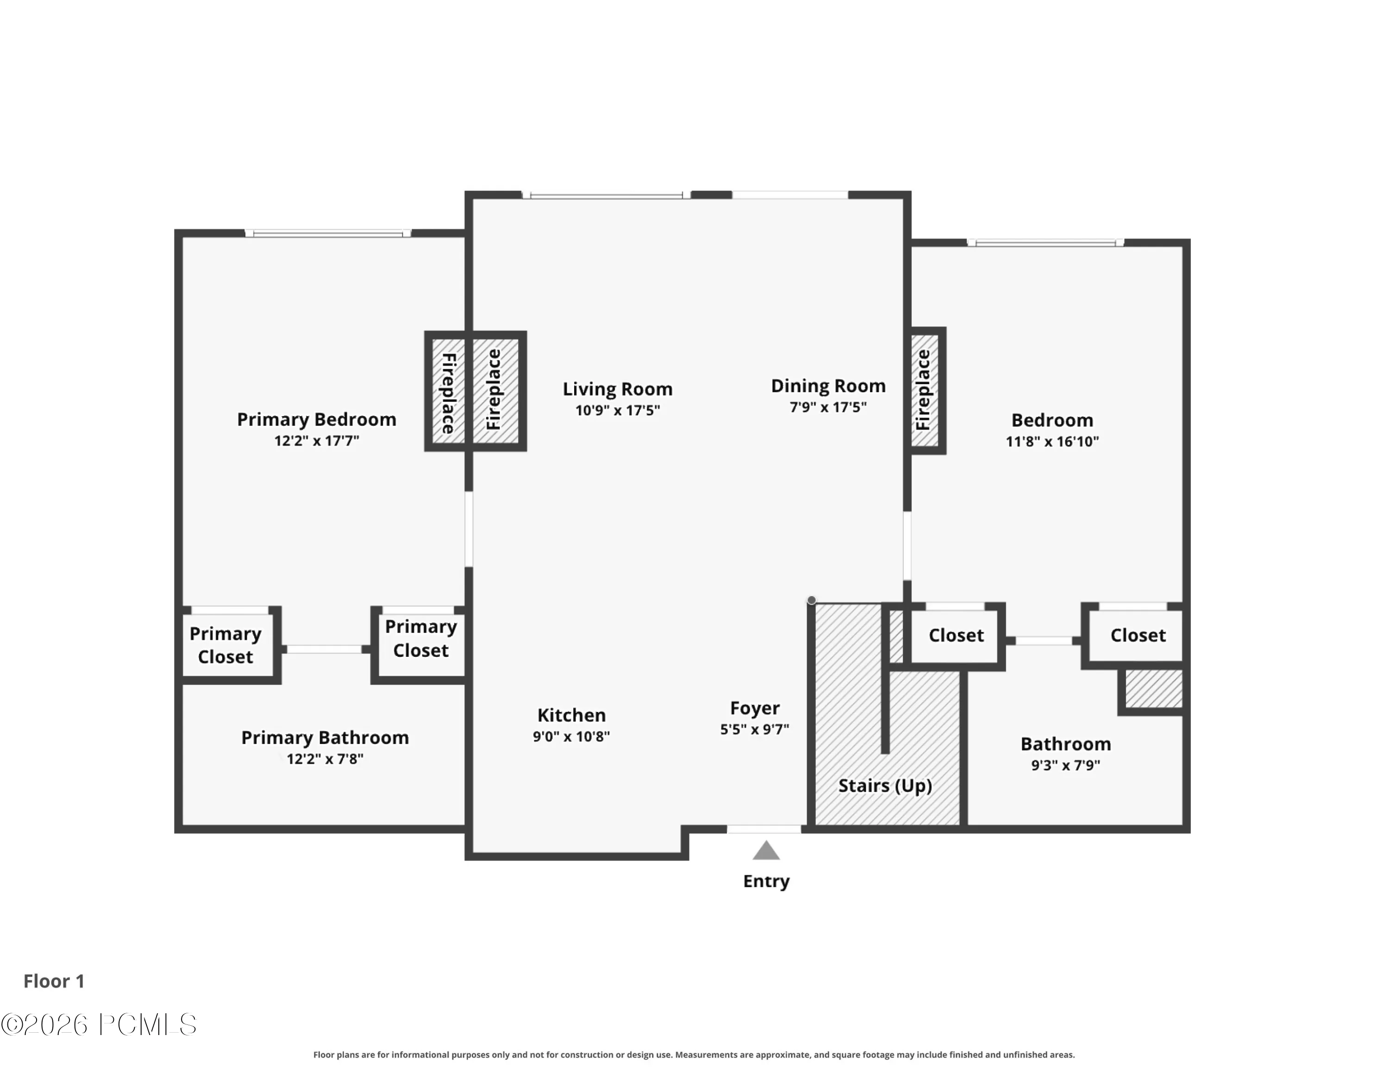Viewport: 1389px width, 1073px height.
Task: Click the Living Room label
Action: (x=618, y=389)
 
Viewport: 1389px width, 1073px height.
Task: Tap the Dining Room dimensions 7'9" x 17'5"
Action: (x=828, y=407)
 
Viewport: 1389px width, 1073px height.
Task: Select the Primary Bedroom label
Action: (x=317, y=419)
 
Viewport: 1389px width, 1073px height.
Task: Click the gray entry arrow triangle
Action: (x=766, y=851)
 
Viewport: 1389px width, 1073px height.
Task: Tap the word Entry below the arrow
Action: (x=766, y=882)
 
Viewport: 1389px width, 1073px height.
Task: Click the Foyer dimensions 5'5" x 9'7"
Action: (x=754, y=730)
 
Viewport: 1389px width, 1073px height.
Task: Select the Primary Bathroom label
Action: (x=325, y=738)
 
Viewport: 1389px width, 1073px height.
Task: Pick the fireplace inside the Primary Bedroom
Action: (x=448, y=391)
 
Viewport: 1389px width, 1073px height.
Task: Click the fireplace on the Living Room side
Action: (x=496, y=391)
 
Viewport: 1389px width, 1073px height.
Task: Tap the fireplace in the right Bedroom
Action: (x=926, y=391)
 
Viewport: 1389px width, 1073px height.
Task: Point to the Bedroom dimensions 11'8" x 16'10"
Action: (x=1052, y=442)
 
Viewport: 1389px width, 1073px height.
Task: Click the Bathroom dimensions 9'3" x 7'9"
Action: (x=1066, y=765)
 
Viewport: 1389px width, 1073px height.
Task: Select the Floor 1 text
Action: (x=54, y=981)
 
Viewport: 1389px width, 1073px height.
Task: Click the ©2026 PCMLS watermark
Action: (x=99, y=1025)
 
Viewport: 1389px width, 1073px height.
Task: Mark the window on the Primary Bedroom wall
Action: (x=328, y=234)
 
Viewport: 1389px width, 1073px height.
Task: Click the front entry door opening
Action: (x=764, y=830)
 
